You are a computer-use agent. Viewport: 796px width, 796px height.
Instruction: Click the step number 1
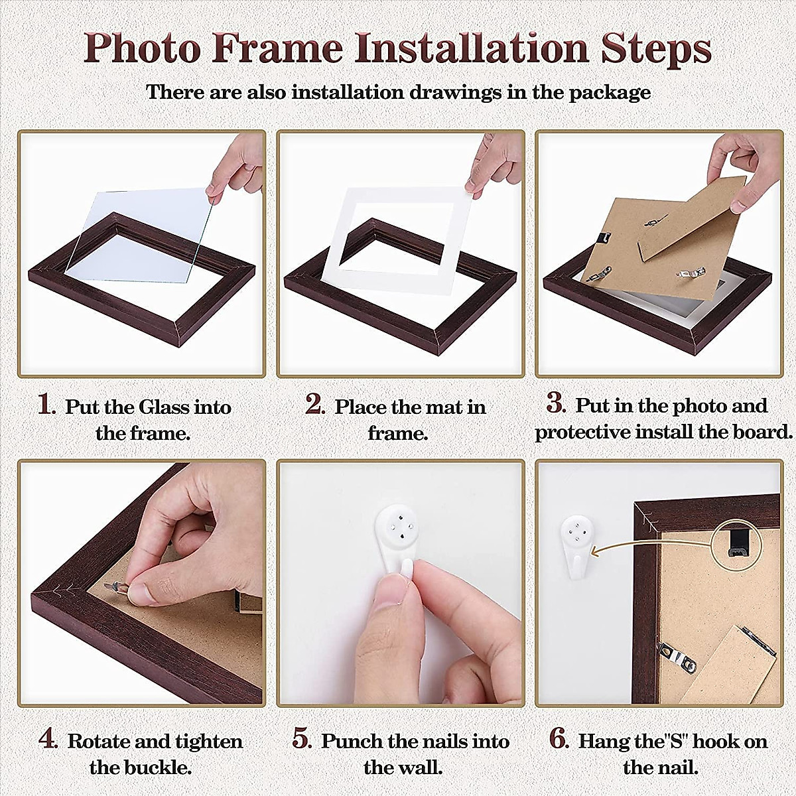(46, 404)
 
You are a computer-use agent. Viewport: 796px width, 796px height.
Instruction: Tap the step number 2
(314, 404)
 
